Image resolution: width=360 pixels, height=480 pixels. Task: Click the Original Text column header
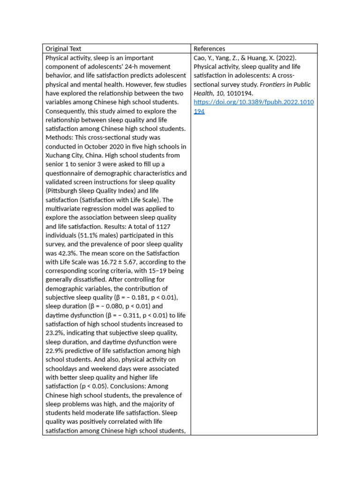coord(63,49)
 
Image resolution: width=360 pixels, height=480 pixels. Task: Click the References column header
coord(209,49)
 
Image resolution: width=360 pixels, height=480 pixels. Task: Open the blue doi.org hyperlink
coord(254,102)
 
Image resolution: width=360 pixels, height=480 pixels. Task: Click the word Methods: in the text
coord(60,138)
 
